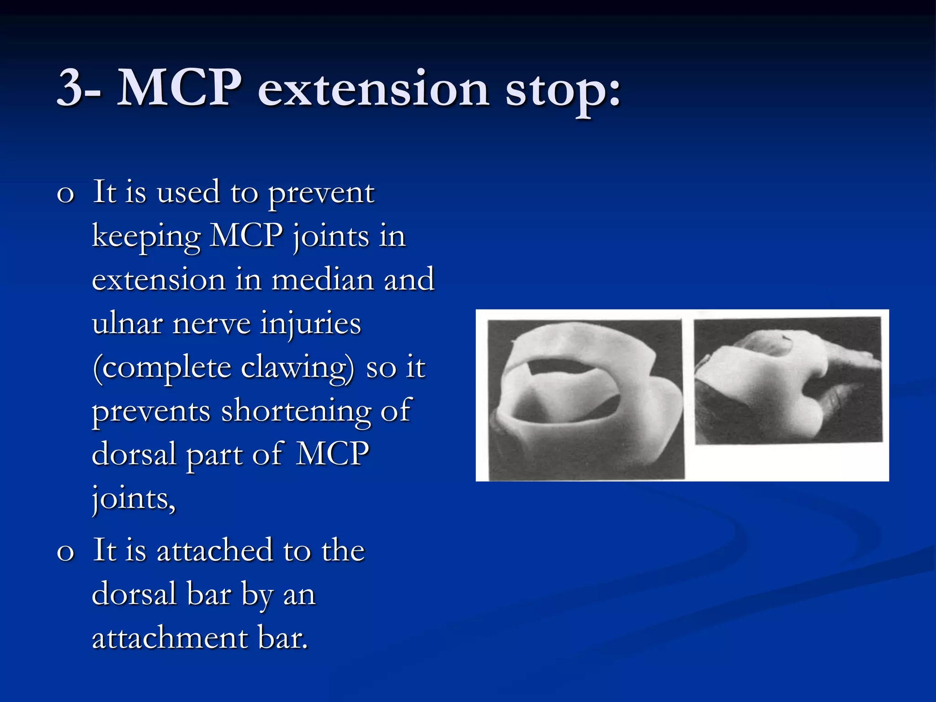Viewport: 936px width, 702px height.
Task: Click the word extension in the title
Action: coord(373,89)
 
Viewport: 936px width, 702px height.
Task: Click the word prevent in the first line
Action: coord(321,193)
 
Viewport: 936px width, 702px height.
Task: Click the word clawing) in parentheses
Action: coord(297,367)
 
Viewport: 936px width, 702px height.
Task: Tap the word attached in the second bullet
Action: coord(214,550)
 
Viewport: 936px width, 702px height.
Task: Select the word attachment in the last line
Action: coord(170,638)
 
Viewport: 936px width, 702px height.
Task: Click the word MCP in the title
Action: coord(179,88)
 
